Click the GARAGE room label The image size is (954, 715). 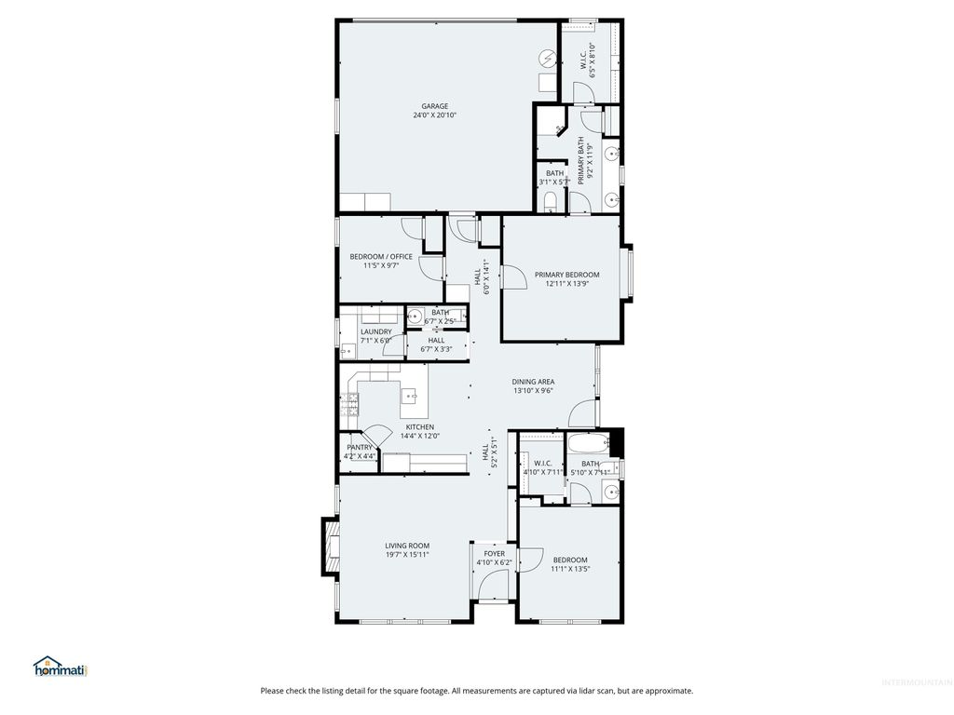(434, 106)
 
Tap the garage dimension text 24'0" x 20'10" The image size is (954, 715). (434, 115)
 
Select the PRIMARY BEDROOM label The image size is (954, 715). (566, 275)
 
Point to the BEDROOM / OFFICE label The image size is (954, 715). (380, 257)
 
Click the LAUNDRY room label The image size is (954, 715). (375, 331)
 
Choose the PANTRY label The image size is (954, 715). (360, 448)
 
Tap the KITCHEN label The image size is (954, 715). (419, 427)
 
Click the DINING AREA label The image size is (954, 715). (533, 382)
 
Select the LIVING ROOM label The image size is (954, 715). (407, 546)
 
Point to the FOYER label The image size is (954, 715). (494, 554)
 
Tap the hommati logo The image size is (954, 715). (60, 667)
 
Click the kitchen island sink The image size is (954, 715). (411, 398)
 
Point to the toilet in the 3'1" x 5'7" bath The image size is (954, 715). (550, 202)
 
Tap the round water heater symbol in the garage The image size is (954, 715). (548, 59)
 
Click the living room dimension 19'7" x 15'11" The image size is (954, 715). (407, 555)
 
